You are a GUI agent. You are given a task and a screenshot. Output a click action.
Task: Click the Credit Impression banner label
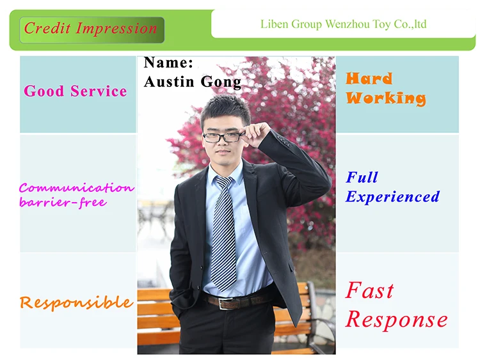point(91,29)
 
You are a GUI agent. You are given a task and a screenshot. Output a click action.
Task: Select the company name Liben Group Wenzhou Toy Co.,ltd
point(343,25)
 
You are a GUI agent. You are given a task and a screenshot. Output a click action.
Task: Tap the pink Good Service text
point(76,91)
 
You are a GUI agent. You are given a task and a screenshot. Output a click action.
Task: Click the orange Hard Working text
point(385,89)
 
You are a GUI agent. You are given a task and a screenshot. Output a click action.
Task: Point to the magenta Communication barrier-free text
point(76,195)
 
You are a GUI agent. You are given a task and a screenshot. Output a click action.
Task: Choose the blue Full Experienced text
point(392,187)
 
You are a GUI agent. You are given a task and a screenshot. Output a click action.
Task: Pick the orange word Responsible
point(76,302)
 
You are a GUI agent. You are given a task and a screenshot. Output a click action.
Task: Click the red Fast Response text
point(396,305)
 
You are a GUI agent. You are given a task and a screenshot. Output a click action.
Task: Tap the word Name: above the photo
point(168,63)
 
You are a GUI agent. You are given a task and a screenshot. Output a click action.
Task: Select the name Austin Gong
point(193,82)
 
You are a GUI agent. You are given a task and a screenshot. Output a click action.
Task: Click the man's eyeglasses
point(223,137)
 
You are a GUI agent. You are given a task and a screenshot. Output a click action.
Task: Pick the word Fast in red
point(370,290)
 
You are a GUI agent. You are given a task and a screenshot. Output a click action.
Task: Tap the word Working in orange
point(385,98)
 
